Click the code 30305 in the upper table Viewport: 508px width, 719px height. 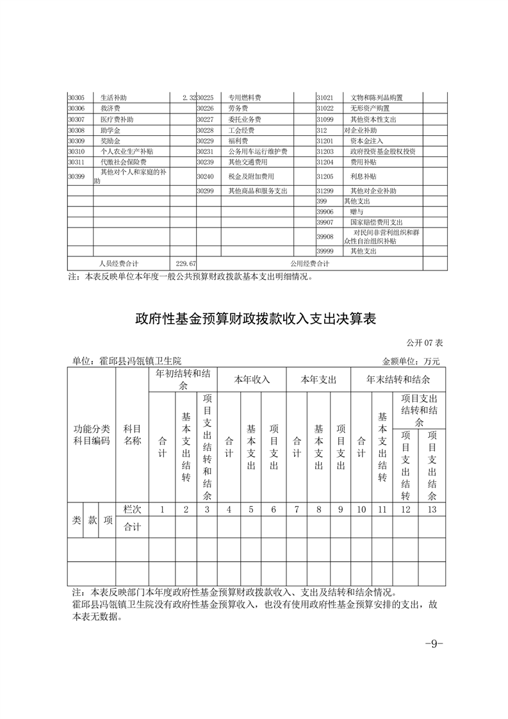[76, 97]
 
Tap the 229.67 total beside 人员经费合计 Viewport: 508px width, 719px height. [186, 263]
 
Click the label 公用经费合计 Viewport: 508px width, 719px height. [310, 263]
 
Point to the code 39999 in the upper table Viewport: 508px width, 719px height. [325, 251]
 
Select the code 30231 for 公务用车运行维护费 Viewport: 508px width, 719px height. [205, 151]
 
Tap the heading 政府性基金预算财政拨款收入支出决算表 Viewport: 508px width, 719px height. [254, 318]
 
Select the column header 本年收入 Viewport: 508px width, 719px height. [252, 379]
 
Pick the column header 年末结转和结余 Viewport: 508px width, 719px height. [398, 379]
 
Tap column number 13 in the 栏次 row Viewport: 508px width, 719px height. [432, 509]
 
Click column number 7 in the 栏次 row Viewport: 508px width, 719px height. [297, 509]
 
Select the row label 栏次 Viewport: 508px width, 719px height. [132, 509]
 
